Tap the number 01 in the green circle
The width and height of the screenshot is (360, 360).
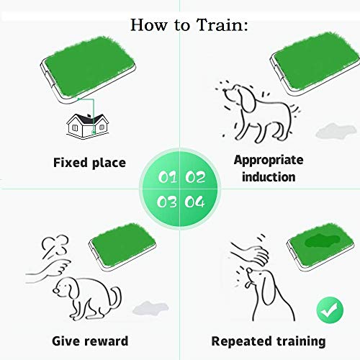pos(167,177)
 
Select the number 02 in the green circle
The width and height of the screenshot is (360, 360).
pos(195,177)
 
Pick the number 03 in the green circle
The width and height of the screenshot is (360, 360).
pos(167,202)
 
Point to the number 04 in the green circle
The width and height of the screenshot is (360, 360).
pos(195,202)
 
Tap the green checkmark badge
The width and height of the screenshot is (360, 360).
pos(330,310)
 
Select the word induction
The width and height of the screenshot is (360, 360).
pos(269,177)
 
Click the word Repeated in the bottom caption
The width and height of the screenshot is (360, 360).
pos(242,342)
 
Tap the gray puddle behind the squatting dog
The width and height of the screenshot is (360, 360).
pos(150,308)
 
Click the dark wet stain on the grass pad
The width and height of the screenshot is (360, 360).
pos(323,241)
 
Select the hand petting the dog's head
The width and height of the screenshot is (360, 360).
pos(251,254)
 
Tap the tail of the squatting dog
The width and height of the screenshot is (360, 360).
pos(116,298)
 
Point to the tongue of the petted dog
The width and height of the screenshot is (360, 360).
pos(247,285)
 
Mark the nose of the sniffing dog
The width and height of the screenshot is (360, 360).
pos(225,91)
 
